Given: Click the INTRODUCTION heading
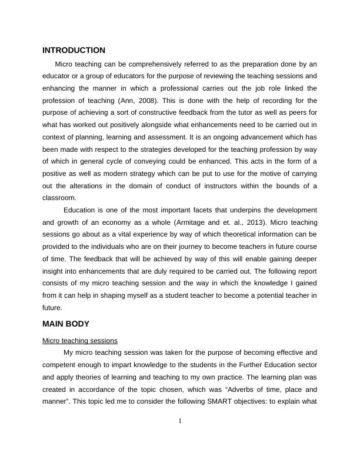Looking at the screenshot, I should click(x=74, y=51).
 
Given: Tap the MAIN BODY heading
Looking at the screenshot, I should click(x=66, y=324).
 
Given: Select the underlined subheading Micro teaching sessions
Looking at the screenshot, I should click(x=80, y=340).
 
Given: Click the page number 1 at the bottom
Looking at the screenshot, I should click(x=180, y=420).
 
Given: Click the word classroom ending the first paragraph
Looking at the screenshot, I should click(x=59, y=198).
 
